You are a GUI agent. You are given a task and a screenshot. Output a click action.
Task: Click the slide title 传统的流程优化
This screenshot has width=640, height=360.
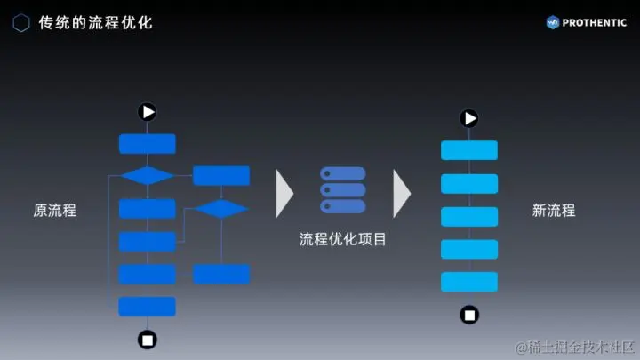point(96,22)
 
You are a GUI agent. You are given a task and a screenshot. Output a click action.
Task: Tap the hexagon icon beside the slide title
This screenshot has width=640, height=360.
point(21,22)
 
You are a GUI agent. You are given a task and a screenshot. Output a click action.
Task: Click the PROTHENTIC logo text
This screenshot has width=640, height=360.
point(594,22)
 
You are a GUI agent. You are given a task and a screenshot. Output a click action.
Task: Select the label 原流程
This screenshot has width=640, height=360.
point(55,212)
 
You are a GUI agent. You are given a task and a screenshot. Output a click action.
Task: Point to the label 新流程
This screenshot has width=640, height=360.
point(554,212)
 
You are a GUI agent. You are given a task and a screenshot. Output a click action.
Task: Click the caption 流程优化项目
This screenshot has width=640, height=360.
point(342,239)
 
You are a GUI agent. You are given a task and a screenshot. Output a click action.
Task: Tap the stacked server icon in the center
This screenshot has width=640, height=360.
point(342,190)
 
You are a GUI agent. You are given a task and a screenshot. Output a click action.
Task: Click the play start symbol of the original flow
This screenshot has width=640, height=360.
point(148,111)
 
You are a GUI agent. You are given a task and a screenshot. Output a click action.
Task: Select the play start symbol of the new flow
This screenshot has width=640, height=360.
point(469,118)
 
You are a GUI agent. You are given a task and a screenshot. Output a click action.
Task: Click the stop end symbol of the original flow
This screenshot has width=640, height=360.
point(148,339)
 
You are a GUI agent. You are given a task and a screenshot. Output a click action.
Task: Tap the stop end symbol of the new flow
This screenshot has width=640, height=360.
point(469,314)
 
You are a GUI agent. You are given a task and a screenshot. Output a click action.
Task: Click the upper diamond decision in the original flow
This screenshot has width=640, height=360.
point(148,175)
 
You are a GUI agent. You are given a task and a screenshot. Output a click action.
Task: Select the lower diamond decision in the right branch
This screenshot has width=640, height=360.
point(221,209)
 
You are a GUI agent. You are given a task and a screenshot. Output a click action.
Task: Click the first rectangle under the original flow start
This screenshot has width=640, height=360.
point(148,144)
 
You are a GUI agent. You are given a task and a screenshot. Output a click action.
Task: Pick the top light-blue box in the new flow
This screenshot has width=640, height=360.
point(469,150)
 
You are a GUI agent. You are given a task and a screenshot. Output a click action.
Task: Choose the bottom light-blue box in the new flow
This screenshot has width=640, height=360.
point(469,282)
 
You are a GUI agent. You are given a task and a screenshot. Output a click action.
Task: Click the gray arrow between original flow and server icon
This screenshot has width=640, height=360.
point(284,192)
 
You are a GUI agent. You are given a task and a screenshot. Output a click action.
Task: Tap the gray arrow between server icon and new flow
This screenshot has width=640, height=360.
point(402,192)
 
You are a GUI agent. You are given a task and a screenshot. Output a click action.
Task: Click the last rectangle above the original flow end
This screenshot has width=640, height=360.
point(148,307)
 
